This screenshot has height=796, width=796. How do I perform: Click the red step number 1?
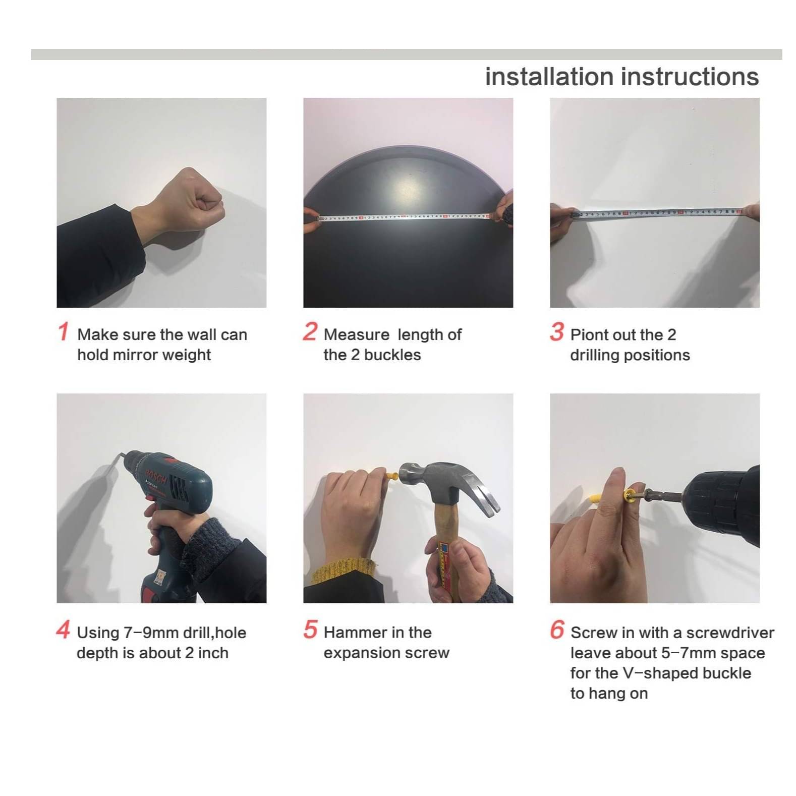[63, 332]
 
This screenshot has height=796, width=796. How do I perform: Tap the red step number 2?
[310, 332]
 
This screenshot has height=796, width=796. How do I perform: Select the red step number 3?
[557, 332]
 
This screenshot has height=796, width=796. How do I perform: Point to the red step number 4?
[63, 630]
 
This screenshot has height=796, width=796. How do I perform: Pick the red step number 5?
[310, 630]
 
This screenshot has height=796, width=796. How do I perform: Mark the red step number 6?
[557, 630]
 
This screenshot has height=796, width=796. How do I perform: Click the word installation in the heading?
[549, 77]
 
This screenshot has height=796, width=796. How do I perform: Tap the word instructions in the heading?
[690, 77]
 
